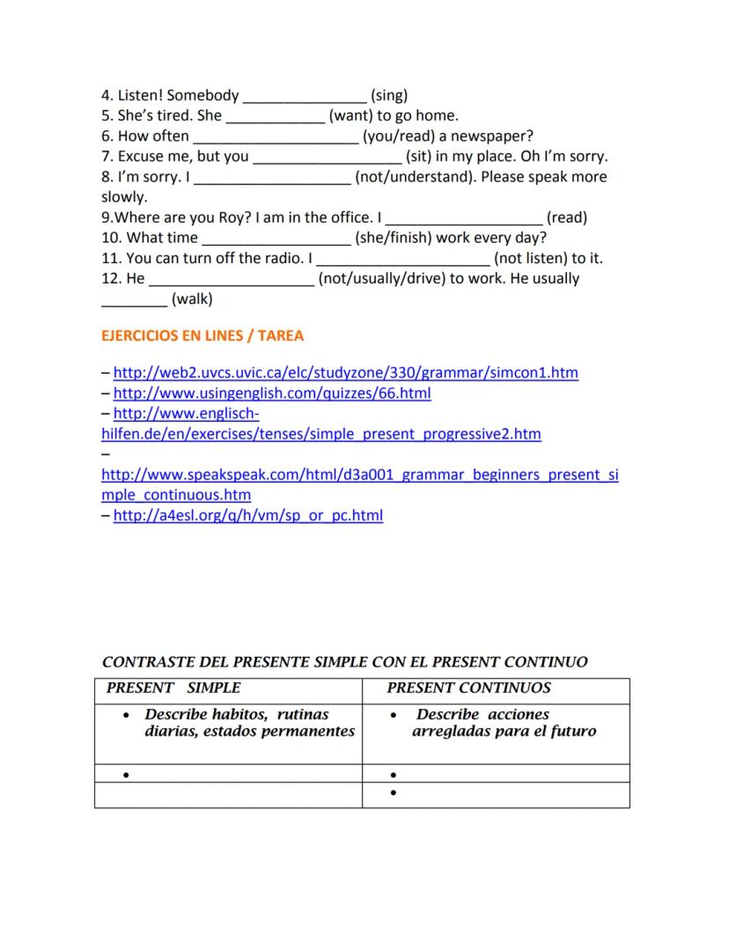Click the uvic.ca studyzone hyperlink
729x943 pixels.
[345, 372]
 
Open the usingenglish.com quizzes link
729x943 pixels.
[272, 393]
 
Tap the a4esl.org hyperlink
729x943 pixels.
[248, 515]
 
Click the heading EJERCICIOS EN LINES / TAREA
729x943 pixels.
[202, 335]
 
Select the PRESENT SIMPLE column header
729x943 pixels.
[173, 688]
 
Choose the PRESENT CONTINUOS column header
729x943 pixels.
[468, 688]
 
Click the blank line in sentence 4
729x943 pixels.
[305, 96]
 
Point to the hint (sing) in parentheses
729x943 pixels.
[389, 96]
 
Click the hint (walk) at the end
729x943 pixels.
[192, 299]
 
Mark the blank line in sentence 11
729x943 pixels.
[402, 259]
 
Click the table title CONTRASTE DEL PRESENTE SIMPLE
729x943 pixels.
[345, 662]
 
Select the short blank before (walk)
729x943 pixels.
[134, 299]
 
